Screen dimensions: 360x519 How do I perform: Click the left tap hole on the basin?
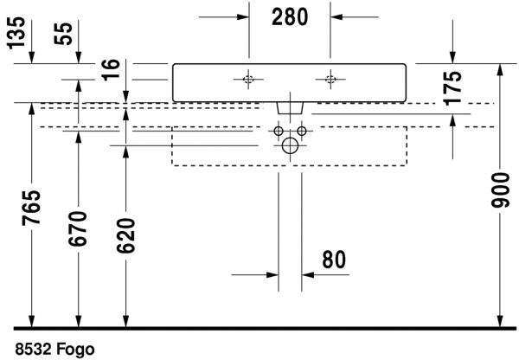point(248,80)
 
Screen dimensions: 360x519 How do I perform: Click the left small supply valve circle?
point(279,132)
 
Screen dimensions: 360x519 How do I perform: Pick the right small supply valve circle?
point(302,132)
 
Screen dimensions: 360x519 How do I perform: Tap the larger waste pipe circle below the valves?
point(290,146)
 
